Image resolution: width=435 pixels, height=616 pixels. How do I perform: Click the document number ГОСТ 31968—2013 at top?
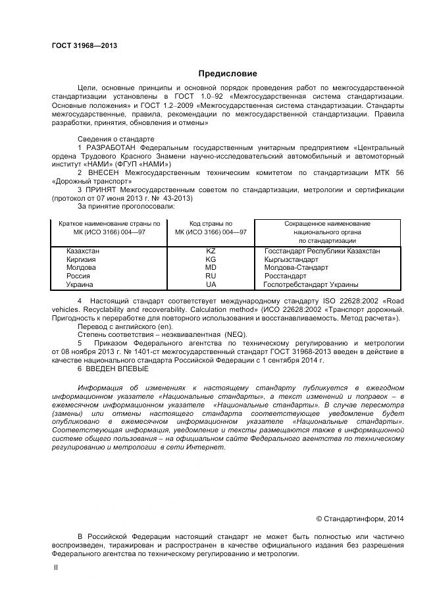[x=84, y=45]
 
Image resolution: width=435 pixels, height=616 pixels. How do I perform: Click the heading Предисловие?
[x=228, y=74]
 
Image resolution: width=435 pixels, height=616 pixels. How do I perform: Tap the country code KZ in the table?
[x=211, y=251]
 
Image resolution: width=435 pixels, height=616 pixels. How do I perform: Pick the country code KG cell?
[x=211, y=259]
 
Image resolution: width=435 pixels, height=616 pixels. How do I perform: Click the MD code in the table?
[x=211, y=268]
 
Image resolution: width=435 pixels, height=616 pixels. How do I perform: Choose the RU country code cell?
[x=211, y=276]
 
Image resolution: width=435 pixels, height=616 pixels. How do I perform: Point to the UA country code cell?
[x=211, y=285]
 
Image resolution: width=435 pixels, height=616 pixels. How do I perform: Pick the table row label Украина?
[x=80, y=285]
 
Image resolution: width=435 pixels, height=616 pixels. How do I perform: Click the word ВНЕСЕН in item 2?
[x=101, y=172]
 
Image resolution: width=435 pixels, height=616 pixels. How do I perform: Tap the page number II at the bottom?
[x=55, y=567]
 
